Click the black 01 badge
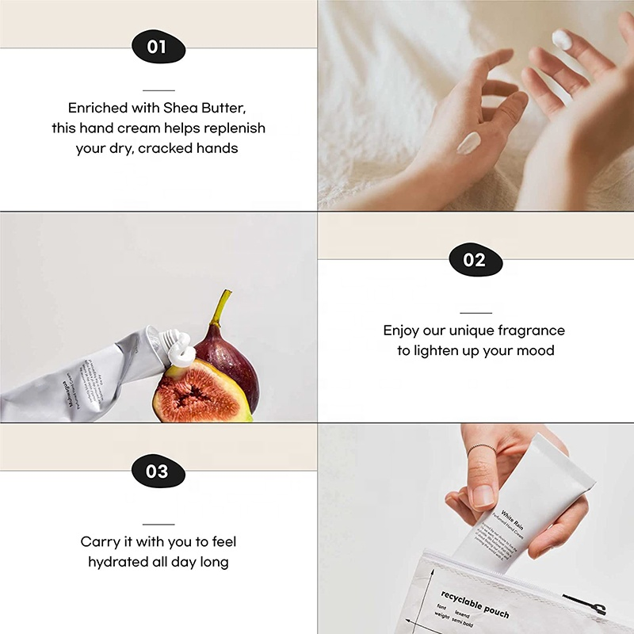(x=158, y=47)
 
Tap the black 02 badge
(x=475, y=260)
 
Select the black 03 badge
(x=158, y=472)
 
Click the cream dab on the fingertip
(x=562, y=38)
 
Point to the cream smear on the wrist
(x=469, y=143)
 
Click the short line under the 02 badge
(x=475, y=312)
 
